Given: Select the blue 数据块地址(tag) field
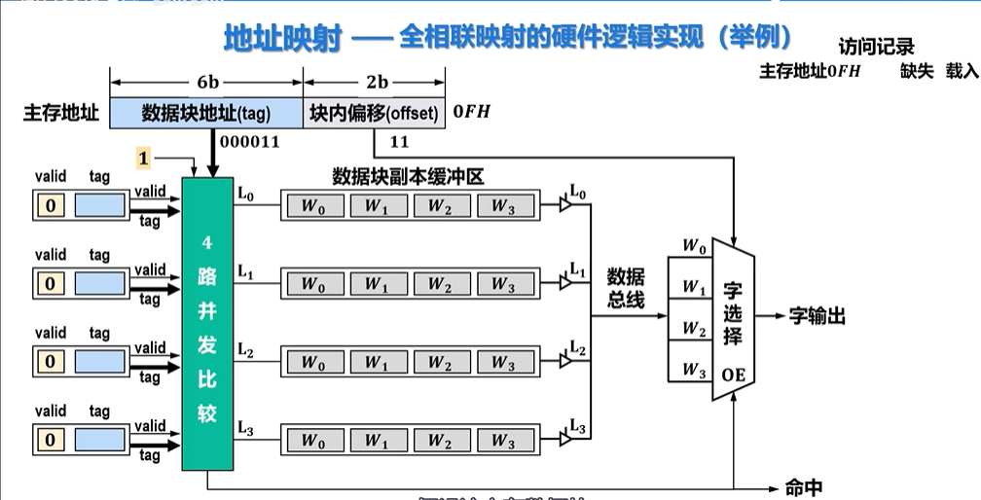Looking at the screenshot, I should click(x=205, y=113).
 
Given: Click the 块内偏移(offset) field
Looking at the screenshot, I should click(x=375, y=113).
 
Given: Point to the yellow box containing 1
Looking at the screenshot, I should click(x=144, y=158).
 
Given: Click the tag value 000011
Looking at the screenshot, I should click(x=250, y=142).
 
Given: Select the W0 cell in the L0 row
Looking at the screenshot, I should click(x=312, y=205).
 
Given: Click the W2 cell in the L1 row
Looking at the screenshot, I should click(x=439, y=284).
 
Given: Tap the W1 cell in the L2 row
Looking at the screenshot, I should click(x=376, y=363).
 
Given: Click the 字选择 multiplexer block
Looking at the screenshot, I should click(x=733, y=317).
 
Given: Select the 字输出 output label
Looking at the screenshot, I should click(x=817, y=316).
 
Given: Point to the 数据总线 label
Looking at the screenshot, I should click(x=626, y=288).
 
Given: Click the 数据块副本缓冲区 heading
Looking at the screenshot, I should click(x=408, y=176).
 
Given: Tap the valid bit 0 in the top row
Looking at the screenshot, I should click(x=50, y=204).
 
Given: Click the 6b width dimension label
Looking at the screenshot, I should click(x=205, y=81).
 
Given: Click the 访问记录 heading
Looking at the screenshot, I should click(x=876, y=46).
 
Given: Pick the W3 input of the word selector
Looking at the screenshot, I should click(x=693, y=369).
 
